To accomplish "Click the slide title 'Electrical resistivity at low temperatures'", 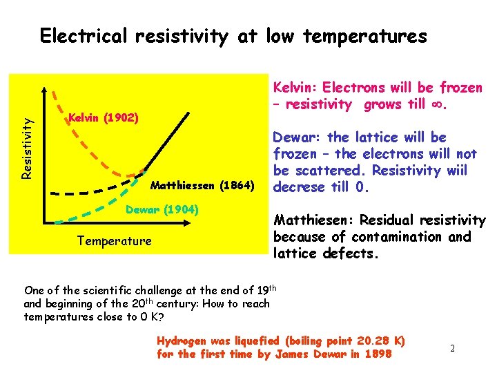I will coord(233,36).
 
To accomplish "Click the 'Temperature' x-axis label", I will coord(114,241).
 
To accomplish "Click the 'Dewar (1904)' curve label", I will coord(162,209).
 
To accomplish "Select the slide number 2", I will coord(452,348).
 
